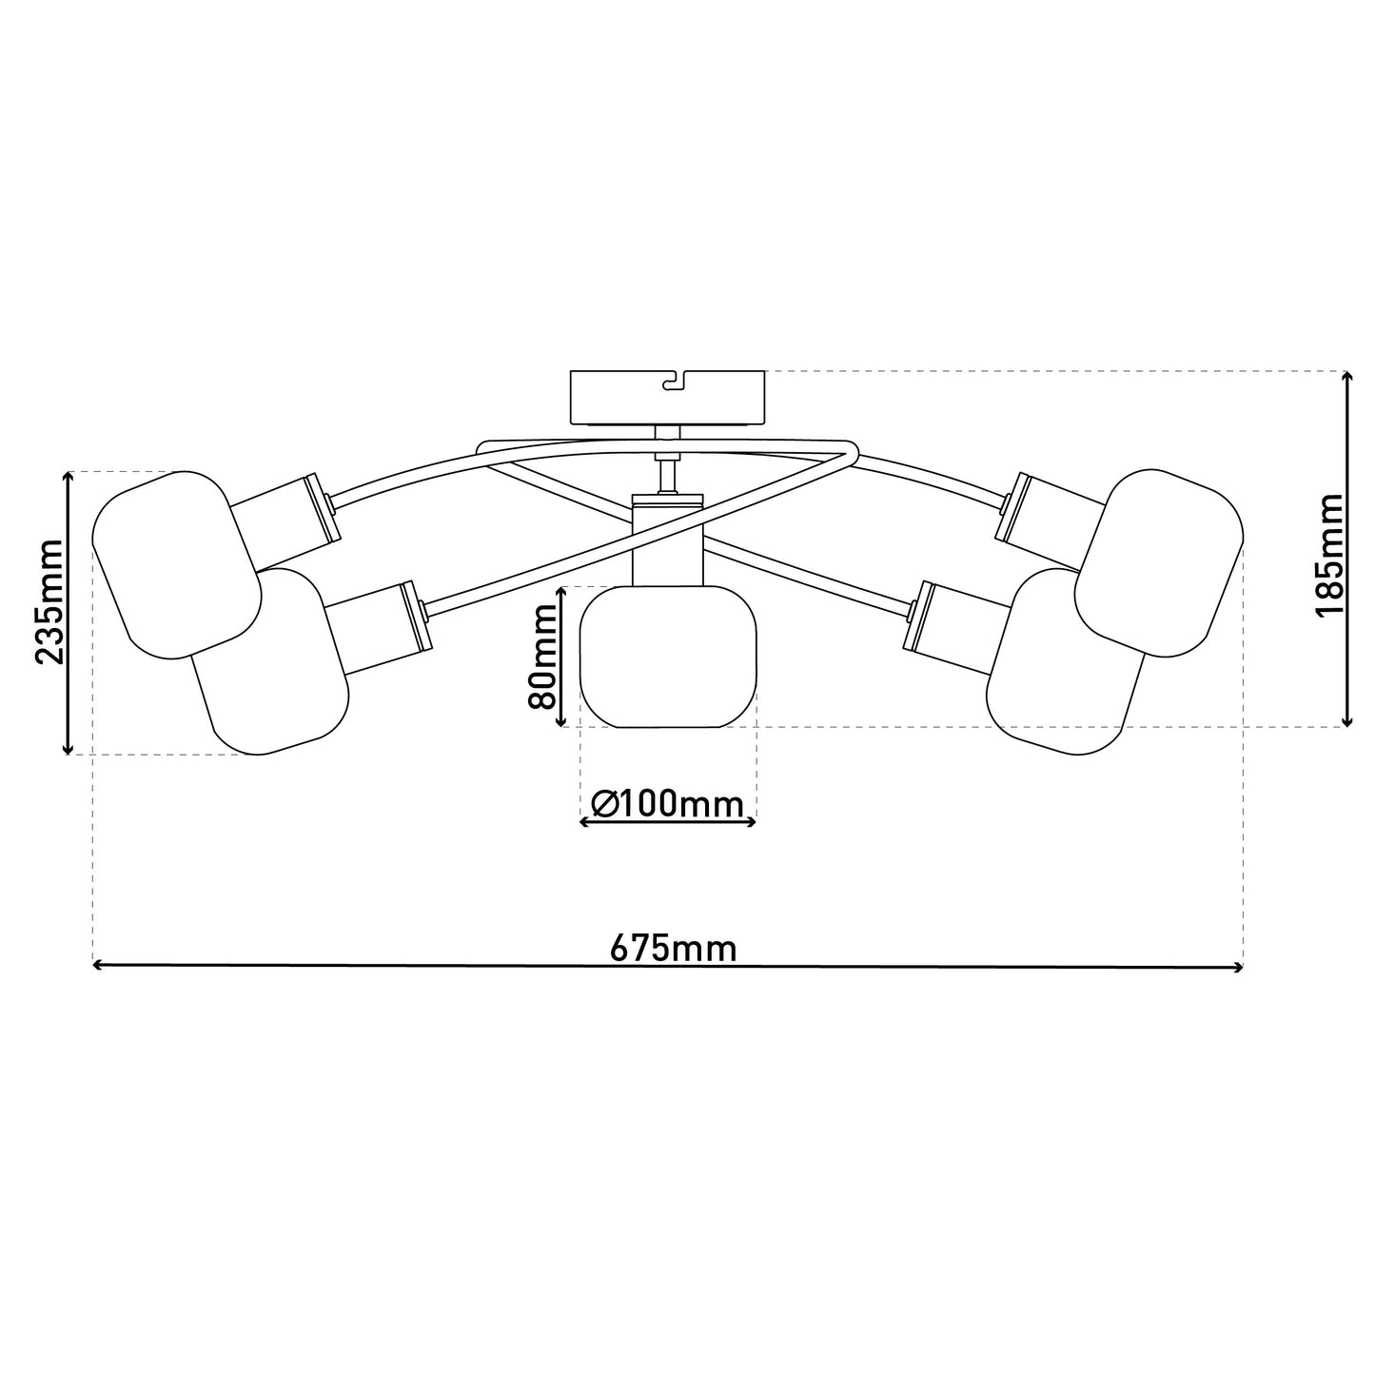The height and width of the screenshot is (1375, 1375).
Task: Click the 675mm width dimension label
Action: [x=673, y=949]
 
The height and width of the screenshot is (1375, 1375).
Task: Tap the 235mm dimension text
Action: [x=49, y=601]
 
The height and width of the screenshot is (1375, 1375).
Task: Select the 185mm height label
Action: [x=1328, y=554]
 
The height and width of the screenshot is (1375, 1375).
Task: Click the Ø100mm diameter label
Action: [x=667, y=804]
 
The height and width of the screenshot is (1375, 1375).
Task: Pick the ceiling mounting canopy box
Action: [x=666, y=398]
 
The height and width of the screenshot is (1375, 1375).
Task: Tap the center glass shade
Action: [x=667, y=657]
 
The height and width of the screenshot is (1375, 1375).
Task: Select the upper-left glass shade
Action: [x=176, y=564]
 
